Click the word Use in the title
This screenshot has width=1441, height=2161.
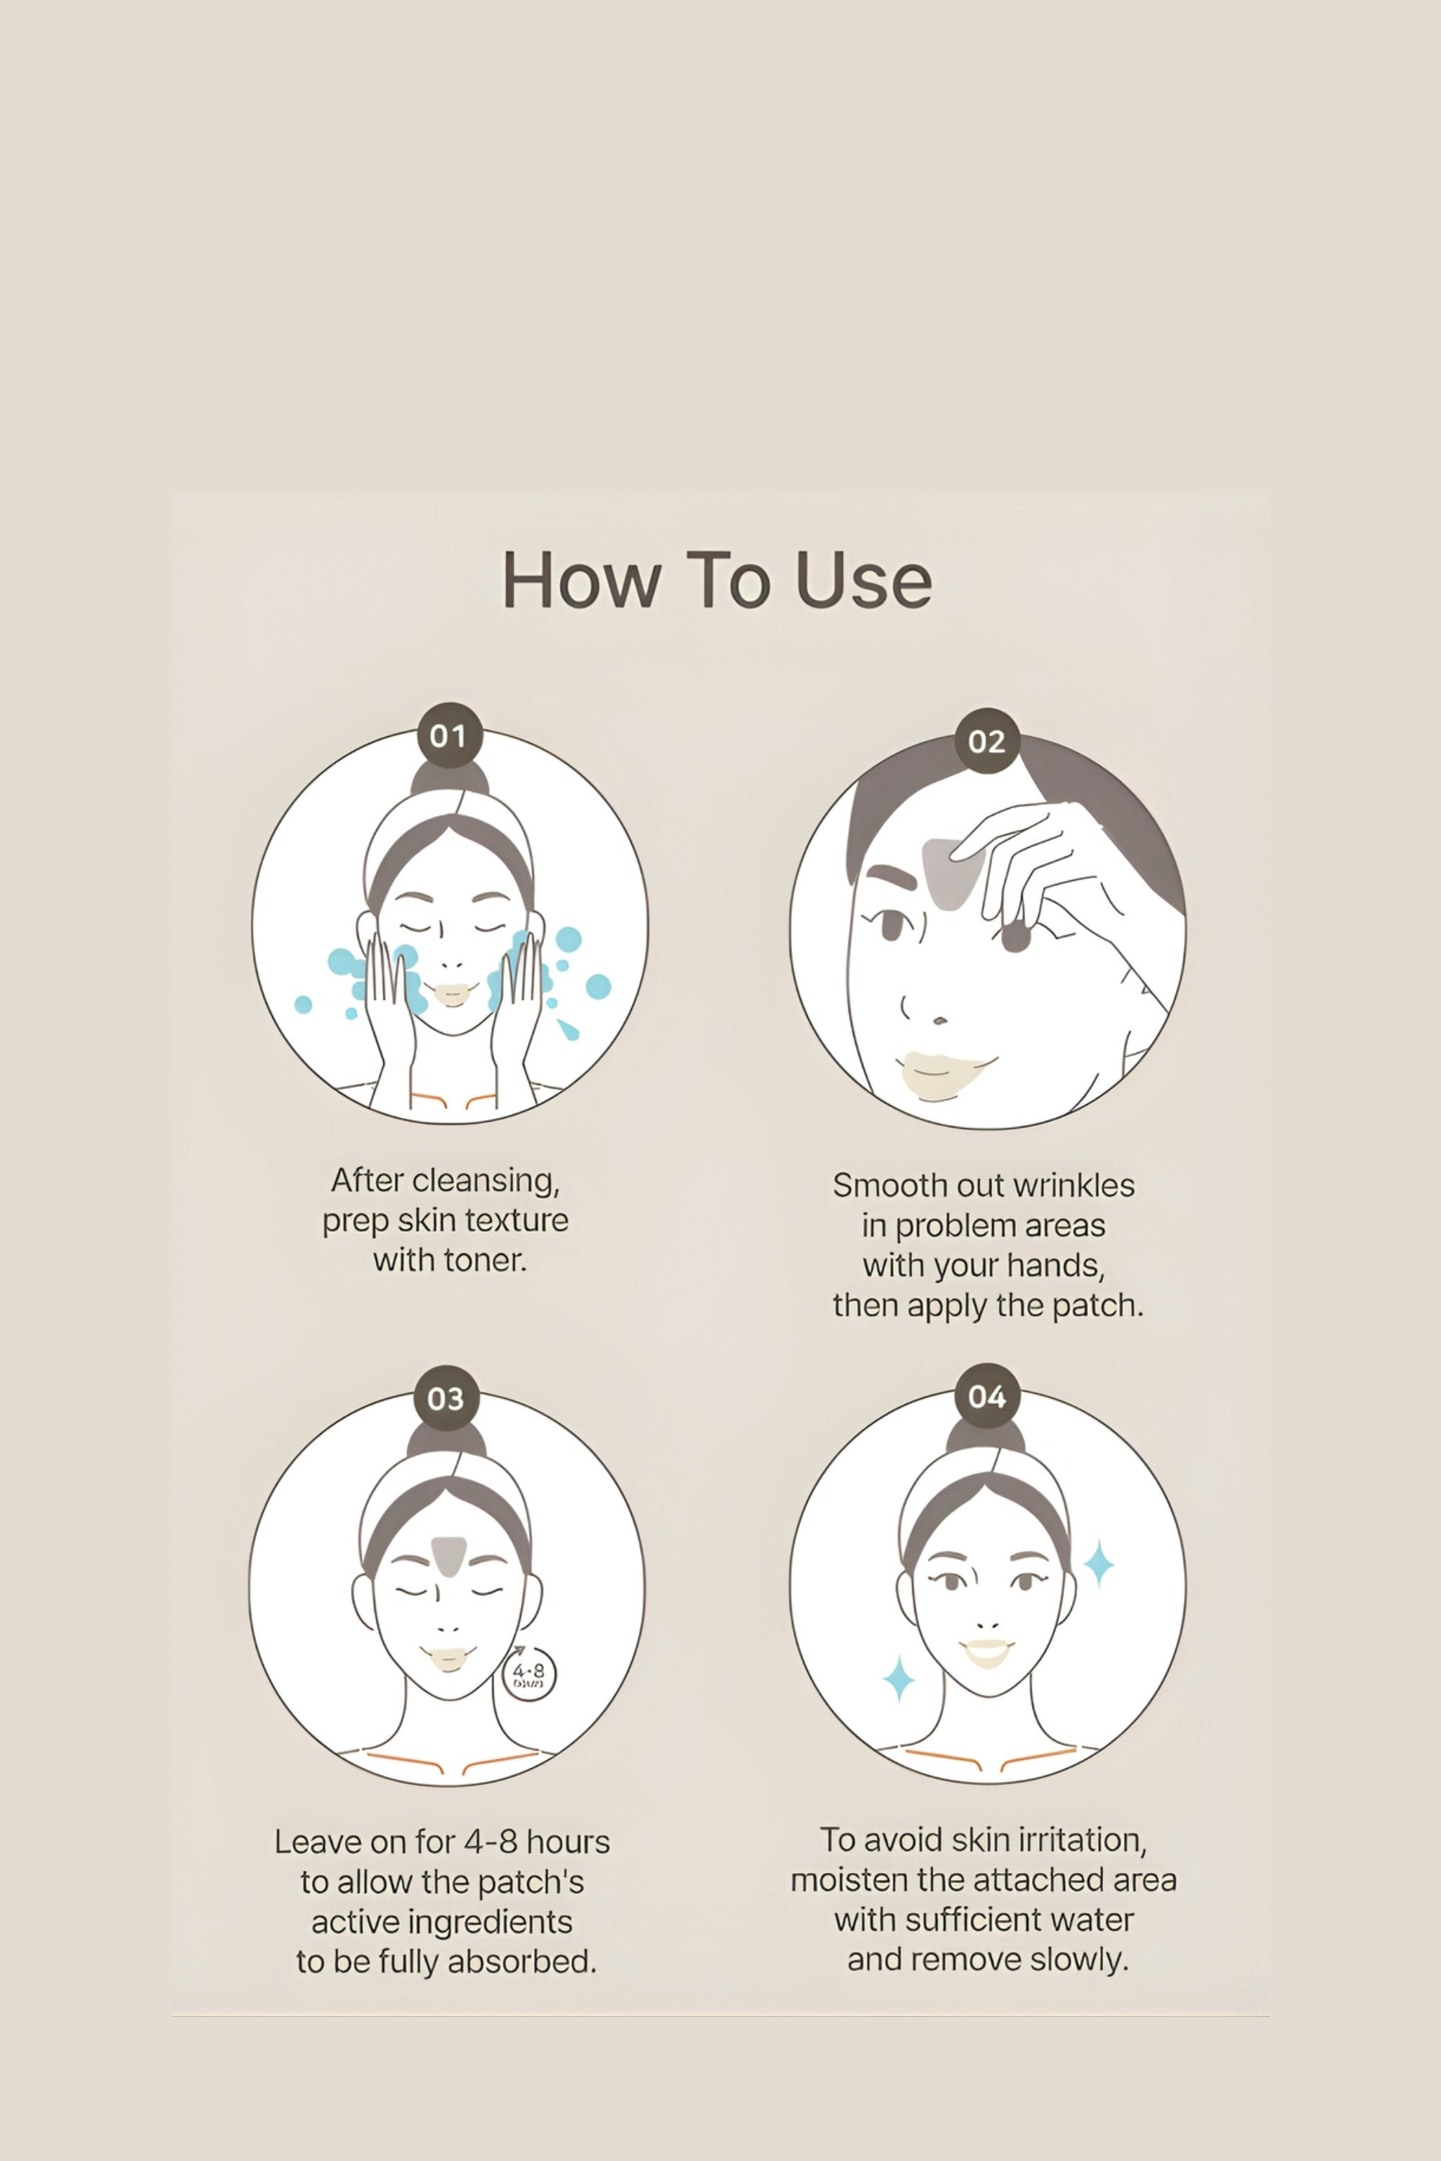click(x=863, y=581)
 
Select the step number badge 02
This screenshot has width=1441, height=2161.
click(x=987, y=741)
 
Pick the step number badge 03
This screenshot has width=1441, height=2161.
click(x=446, y=1398)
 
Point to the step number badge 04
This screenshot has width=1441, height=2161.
click(x=987, y=1397)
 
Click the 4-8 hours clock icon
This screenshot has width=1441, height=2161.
click(x=530, y=1673)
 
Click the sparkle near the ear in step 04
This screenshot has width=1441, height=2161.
click(x=1098, y=1563)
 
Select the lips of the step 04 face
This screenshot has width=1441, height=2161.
click(x=986, y=1651)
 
